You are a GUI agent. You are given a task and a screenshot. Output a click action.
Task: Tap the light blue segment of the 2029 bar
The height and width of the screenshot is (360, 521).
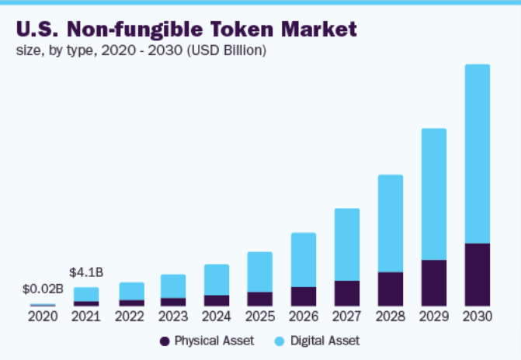click(433, 194)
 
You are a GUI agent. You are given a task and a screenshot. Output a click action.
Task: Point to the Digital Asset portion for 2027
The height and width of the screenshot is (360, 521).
click(346, 244)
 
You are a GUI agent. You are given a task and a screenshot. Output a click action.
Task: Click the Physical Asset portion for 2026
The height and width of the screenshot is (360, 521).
click(303, 296)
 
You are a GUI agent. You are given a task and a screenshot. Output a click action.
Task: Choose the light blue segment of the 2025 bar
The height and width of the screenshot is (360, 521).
click(259, 272)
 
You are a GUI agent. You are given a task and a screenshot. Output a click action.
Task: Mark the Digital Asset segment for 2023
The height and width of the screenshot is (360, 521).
click(173, 286)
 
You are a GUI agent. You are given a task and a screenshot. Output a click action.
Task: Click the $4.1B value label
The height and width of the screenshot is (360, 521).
click(86, 272)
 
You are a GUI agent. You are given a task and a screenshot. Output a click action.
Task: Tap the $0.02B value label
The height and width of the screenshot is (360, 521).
click(43, 289)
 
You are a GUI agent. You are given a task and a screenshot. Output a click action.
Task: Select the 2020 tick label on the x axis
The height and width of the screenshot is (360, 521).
click(43, 317)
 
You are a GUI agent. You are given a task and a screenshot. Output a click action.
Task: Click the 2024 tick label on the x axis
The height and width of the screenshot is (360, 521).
click(217, 317)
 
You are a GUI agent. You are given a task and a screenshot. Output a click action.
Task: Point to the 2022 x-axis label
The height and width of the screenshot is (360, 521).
click(130, 317)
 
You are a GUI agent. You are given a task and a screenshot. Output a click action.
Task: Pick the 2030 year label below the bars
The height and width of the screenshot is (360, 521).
click(477, 317)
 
